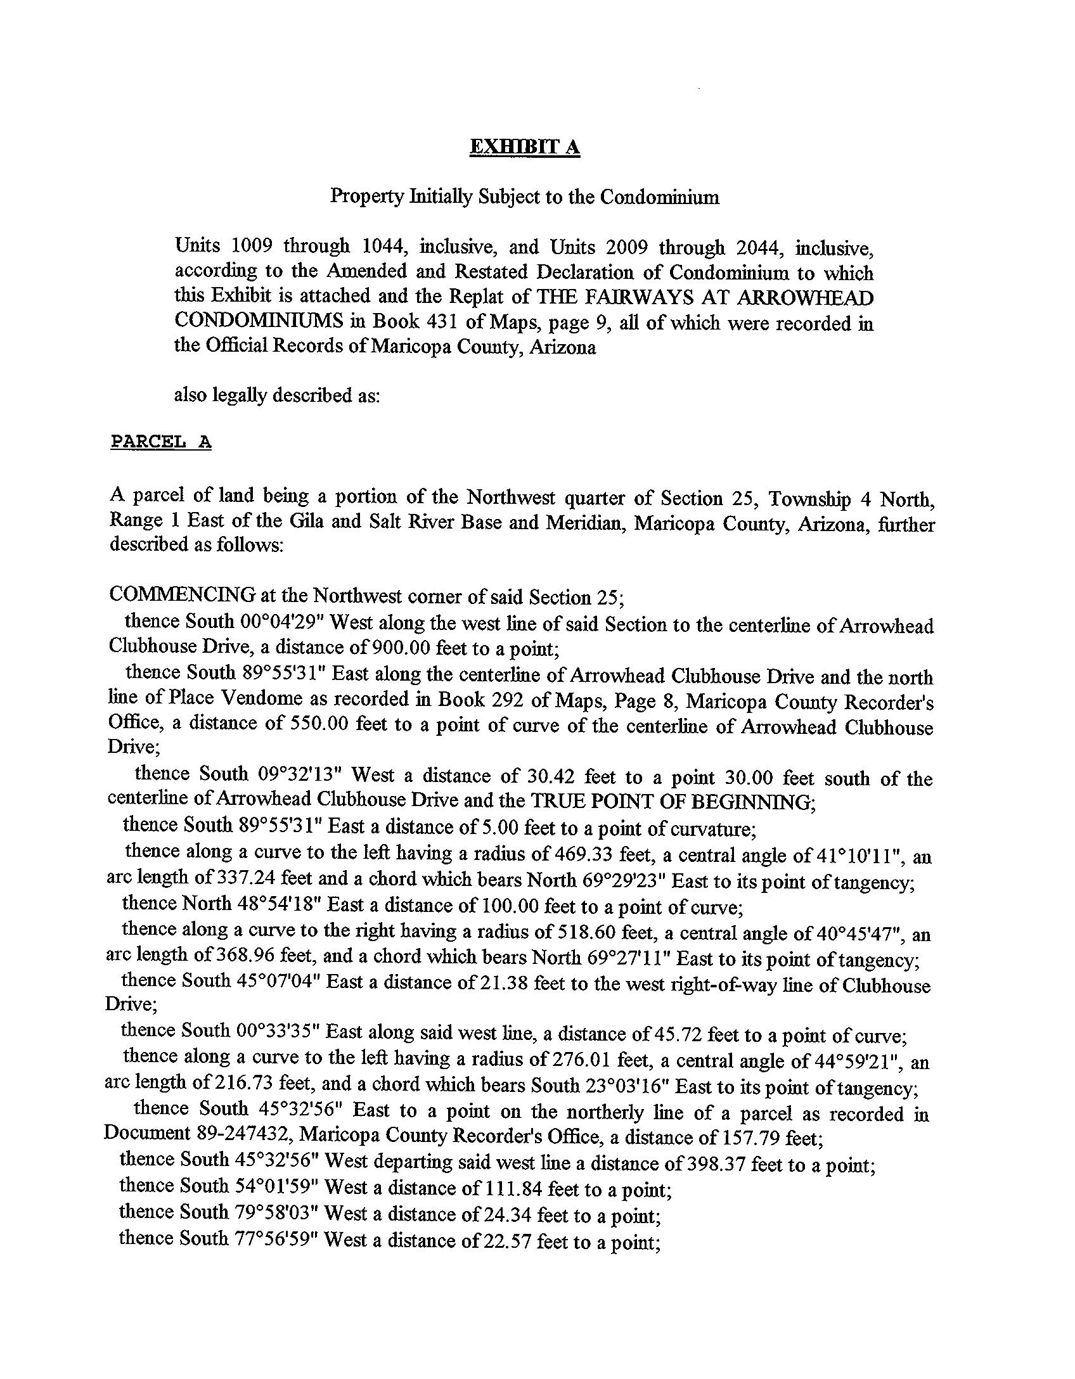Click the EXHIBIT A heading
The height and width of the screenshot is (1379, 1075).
(524, 147)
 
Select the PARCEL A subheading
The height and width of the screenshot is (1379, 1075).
(161, 442)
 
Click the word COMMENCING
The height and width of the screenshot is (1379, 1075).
(183, 596)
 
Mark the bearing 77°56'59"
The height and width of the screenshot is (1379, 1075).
(275, 1239)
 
